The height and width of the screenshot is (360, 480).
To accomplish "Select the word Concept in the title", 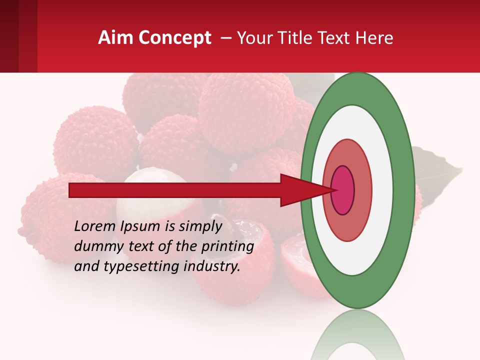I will pos(174,38).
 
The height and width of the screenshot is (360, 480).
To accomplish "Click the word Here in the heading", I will pos(374,38).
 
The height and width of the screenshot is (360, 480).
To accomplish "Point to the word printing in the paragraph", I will pos(227,247).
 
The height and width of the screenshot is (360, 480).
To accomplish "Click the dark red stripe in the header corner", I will pos(9,36).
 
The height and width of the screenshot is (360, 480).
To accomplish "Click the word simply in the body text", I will pos(199,227).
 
